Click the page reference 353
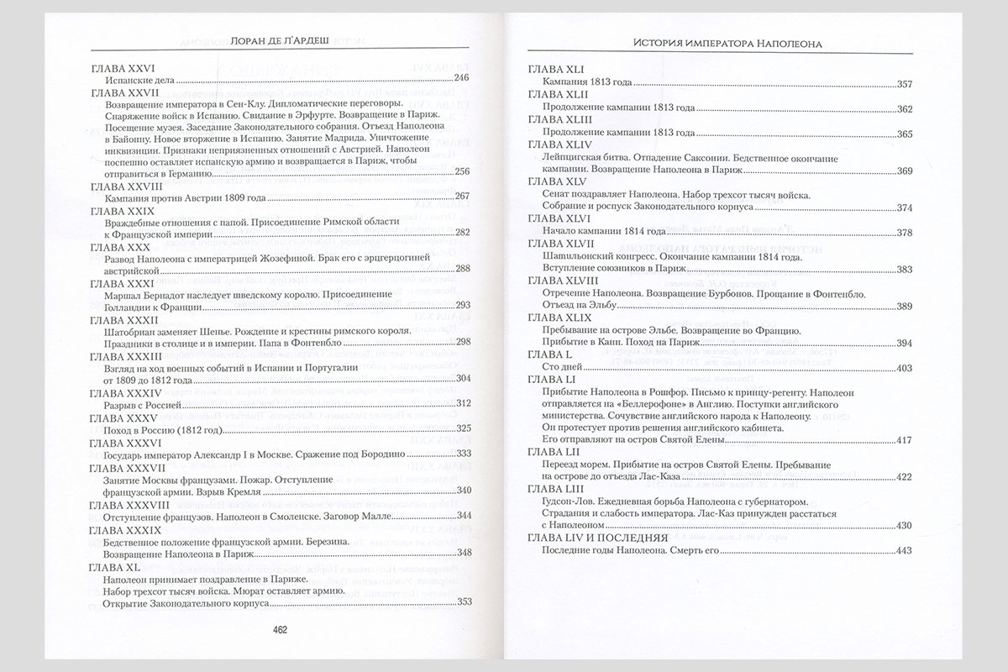click(461, 602)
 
